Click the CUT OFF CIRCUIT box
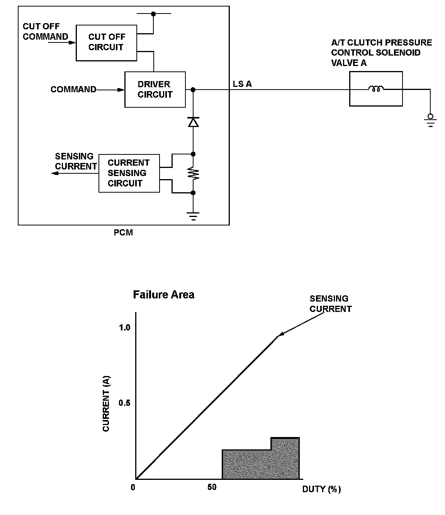(x=106, y=42)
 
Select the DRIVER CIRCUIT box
(x=155, y=89)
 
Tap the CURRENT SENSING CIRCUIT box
(x=129, y=173)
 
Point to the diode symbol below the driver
(x=193, y=122)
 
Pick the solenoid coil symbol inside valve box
(x=375, y=89)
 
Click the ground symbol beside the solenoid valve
(x=430, y=120)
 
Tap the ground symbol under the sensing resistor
(x=193, y=216)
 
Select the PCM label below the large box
(x=123, y=233)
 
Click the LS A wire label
(x=242, y=84)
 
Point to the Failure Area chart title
(x=163, y=295)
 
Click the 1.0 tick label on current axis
(x=125, y=327)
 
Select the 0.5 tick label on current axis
(x=125, y=403)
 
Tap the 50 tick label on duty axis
(x=212, y=487)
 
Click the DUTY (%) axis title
(x=321, y=489)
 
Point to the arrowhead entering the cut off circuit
(x=72, y=42)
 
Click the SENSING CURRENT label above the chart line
(x=330, y=303)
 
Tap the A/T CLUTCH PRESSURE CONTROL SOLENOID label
(x=381, y=53)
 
